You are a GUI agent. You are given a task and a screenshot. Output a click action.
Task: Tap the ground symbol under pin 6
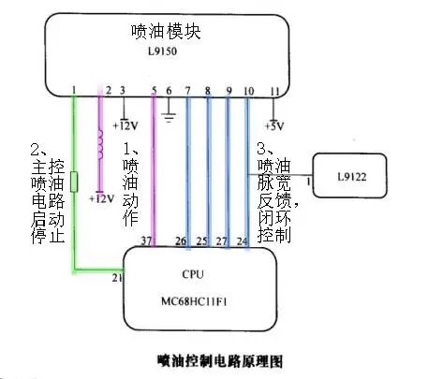pos(170,117)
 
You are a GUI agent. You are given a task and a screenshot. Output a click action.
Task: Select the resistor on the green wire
pos(74,180)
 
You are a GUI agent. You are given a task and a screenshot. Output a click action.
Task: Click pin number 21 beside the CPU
pos(117,278)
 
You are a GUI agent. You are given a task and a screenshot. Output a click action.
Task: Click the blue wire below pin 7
pos(188,168)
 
